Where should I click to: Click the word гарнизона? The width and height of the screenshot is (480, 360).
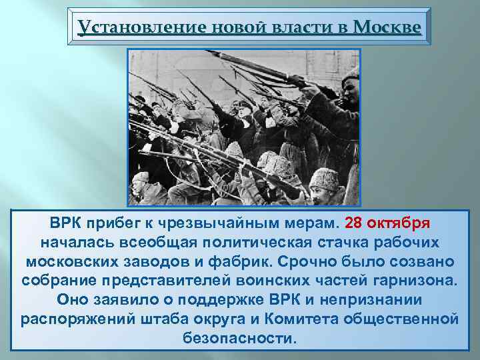coord(419,279)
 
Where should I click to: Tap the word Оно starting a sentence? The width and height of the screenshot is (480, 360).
coord(73,299)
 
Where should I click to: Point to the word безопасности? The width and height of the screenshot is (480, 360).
coord(239,337)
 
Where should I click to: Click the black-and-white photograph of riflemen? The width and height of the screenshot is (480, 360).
coord(243,127)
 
